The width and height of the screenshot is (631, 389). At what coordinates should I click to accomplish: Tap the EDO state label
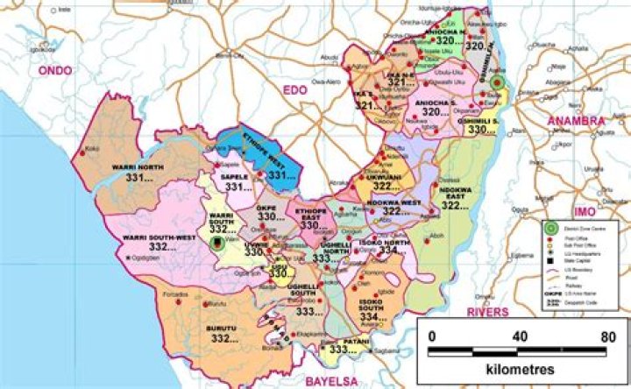tap(292, 88)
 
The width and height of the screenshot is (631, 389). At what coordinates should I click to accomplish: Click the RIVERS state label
tap(487, 311)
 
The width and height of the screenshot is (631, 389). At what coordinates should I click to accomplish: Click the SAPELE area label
tap(234, 176)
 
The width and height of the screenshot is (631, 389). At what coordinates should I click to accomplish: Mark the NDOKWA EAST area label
tap(461, 195)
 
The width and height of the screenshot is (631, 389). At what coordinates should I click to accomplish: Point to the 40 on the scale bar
tap(520, 336)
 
